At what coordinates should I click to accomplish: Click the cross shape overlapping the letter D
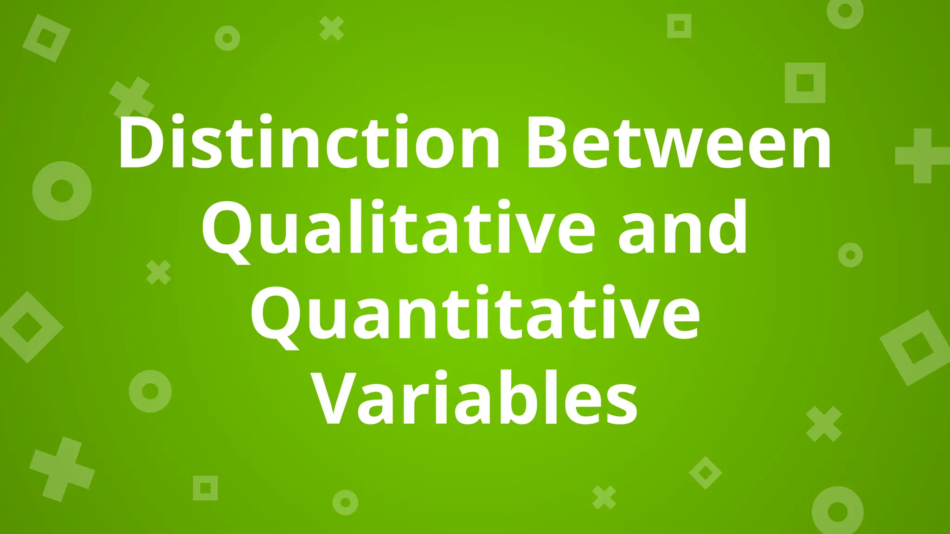pos(132,97)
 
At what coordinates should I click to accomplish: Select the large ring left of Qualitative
pos(62,191)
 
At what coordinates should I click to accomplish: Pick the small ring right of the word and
pos(850,255)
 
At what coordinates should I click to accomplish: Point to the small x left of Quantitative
pos(159,273)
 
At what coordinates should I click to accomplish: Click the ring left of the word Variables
pos(150,391)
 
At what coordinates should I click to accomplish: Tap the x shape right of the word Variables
pos(824,424)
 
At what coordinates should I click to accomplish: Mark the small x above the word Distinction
pos(332,28)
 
